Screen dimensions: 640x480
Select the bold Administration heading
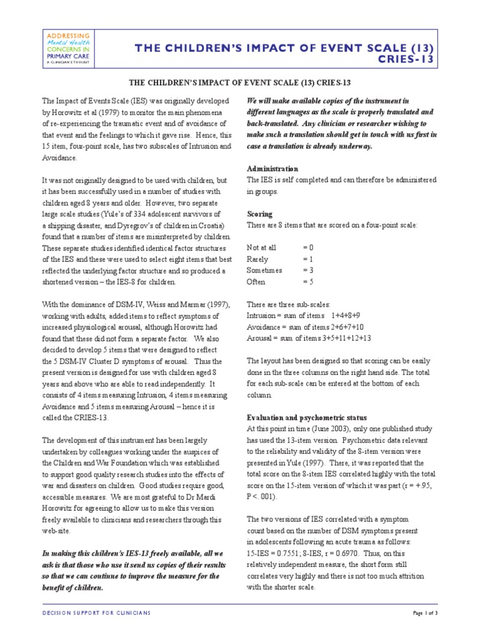273,169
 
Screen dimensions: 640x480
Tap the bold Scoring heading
261,213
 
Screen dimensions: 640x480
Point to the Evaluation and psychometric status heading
307,417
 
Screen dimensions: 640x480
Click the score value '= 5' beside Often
308,282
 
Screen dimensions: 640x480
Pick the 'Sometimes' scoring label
264,271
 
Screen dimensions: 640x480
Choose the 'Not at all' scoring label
261,247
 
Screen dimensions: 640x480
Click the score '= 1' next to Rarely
307,259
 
